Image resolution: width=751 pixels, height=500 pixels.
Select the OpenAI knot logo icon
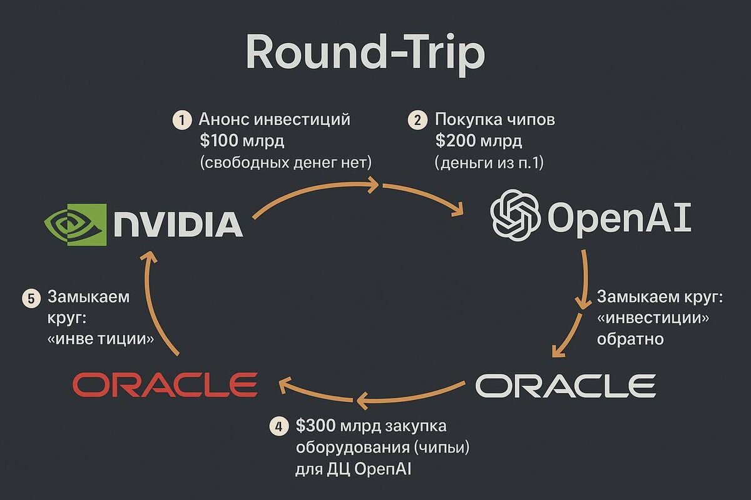(x=515, y=215)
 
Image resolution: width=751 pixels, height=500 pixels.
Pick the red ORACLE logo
(x=165, y=384)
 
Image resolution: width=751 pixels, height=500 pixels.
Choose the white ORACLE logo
(x=566, y=386)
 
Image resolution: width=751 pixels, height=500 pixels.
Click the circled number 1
(x=182, y=120)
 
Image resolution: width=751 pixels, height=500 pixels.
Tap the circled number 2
(x=417, y=120)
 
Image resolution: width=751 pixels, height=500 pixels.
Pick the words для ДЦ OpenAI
(x=354, y=468)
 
